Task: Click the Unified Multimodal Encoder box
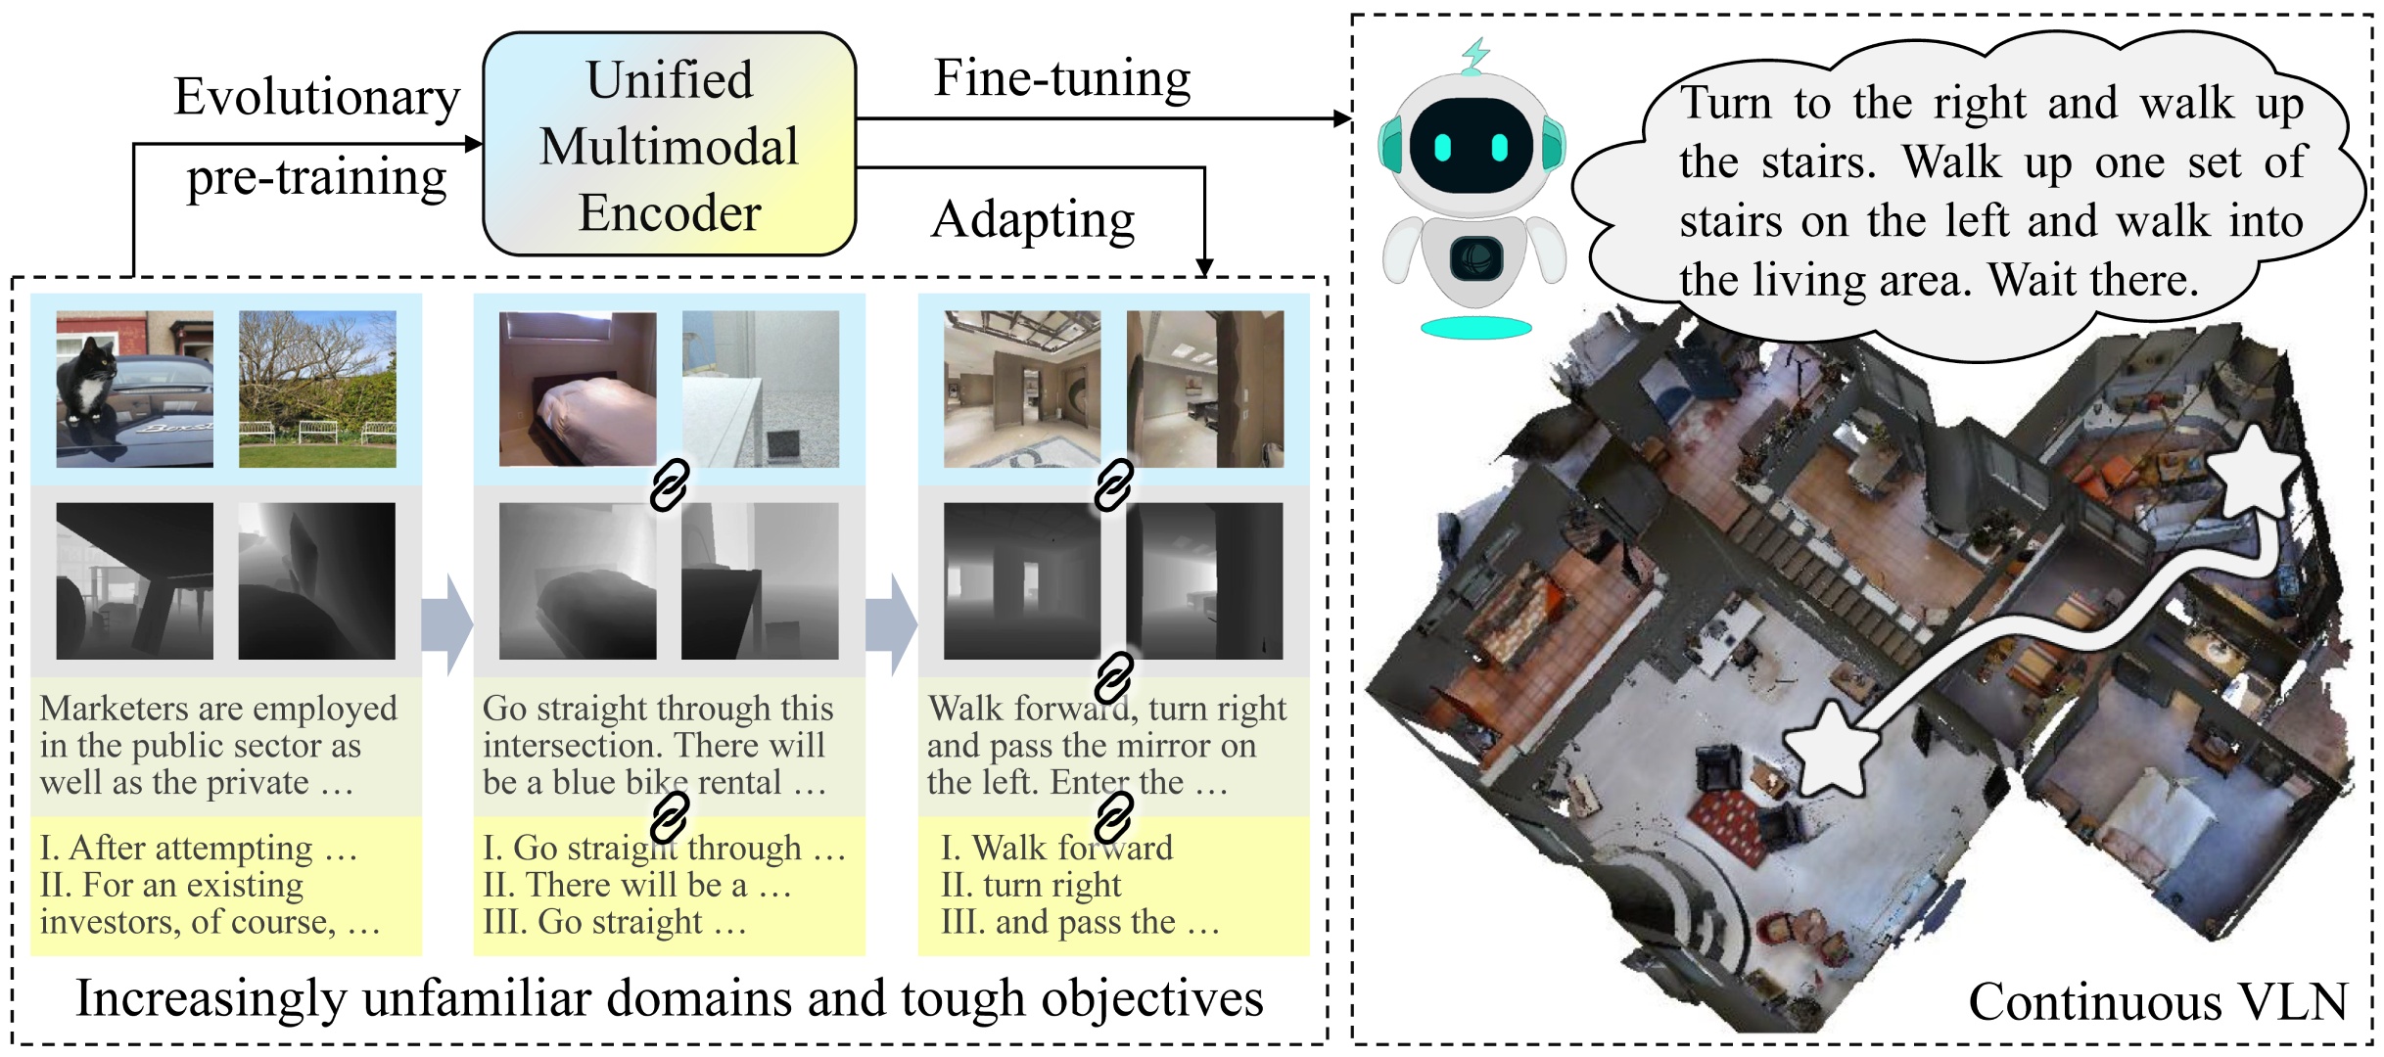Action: pos(670,145)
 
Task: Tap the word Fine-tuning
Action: pos(1062,78)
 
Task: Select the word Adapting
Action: pos(1033,219)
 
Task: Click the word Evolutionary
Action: pos(316,97)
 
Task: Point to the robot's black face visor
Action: pos(1471,146)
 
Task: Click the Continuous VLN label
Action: pos(2157,1001)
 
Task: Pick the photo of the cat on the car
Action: pos(134,389)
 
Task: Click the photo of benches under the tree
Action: pos(317,389)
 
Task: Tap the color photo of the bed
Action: pos(578,389)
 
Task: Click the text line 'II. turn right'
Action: pos(1031,885)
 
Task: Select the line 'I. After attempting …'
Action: pos(198,848)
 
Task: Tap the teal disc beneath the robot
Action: pos(1475,328)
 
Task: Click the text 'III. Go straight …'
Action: pos(614,922)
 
